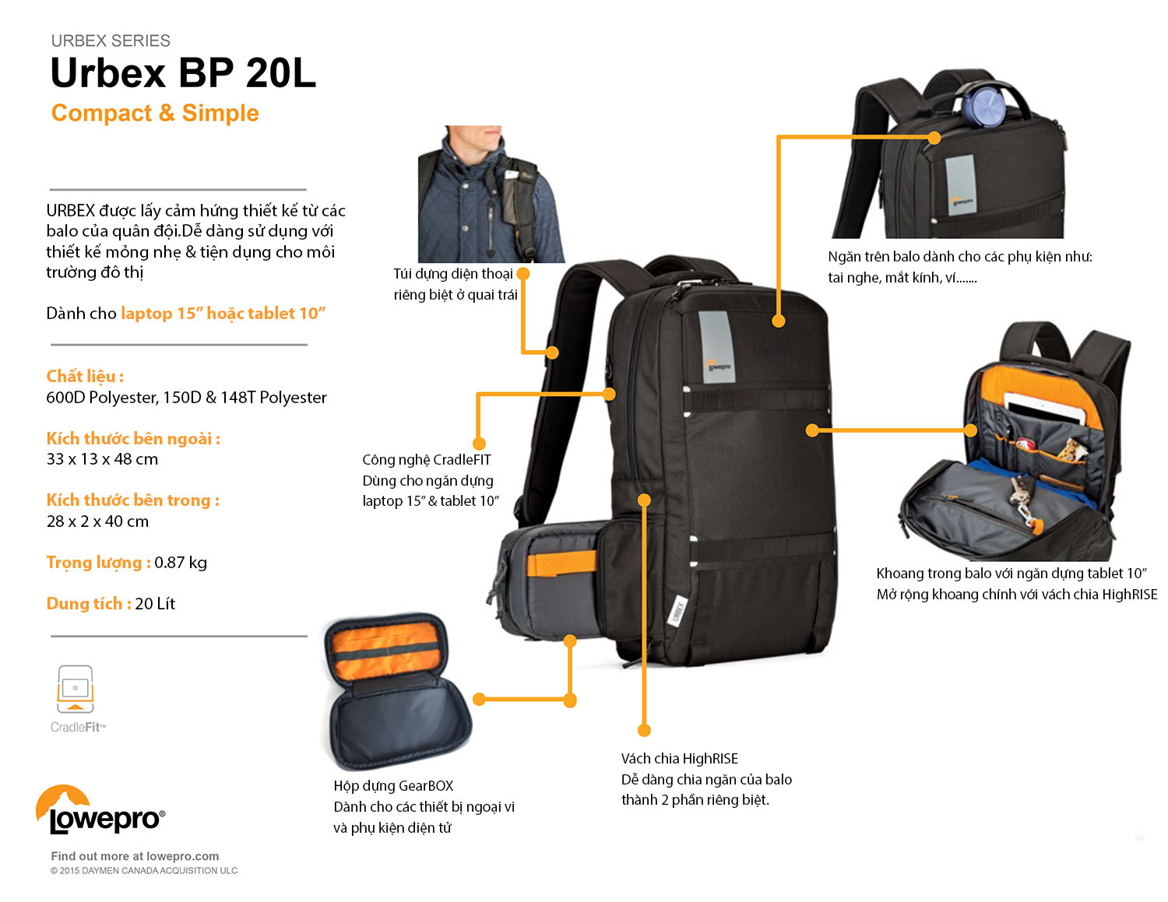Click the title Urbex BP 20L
(183, 74)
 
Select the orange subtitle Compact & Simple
(155, 114)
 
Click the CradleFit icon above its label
(75, 689)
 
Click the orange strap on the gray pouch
(561, 563)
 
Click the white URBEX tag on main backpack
(677, 610)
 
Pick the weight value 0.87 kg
(181, 563)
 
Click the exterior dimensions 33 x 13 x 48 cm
(102, 459)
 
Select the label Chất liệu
(84, 377)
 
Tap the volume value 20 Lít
(155, 604)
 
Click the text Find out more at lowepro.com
(135, 856)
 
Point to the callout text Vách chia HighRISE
(679, 759)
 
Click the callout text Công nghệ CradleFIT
(427, 460)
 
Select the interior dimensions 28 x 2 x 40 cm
(97, 521)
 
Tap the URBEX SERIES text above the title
(111, 40)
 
